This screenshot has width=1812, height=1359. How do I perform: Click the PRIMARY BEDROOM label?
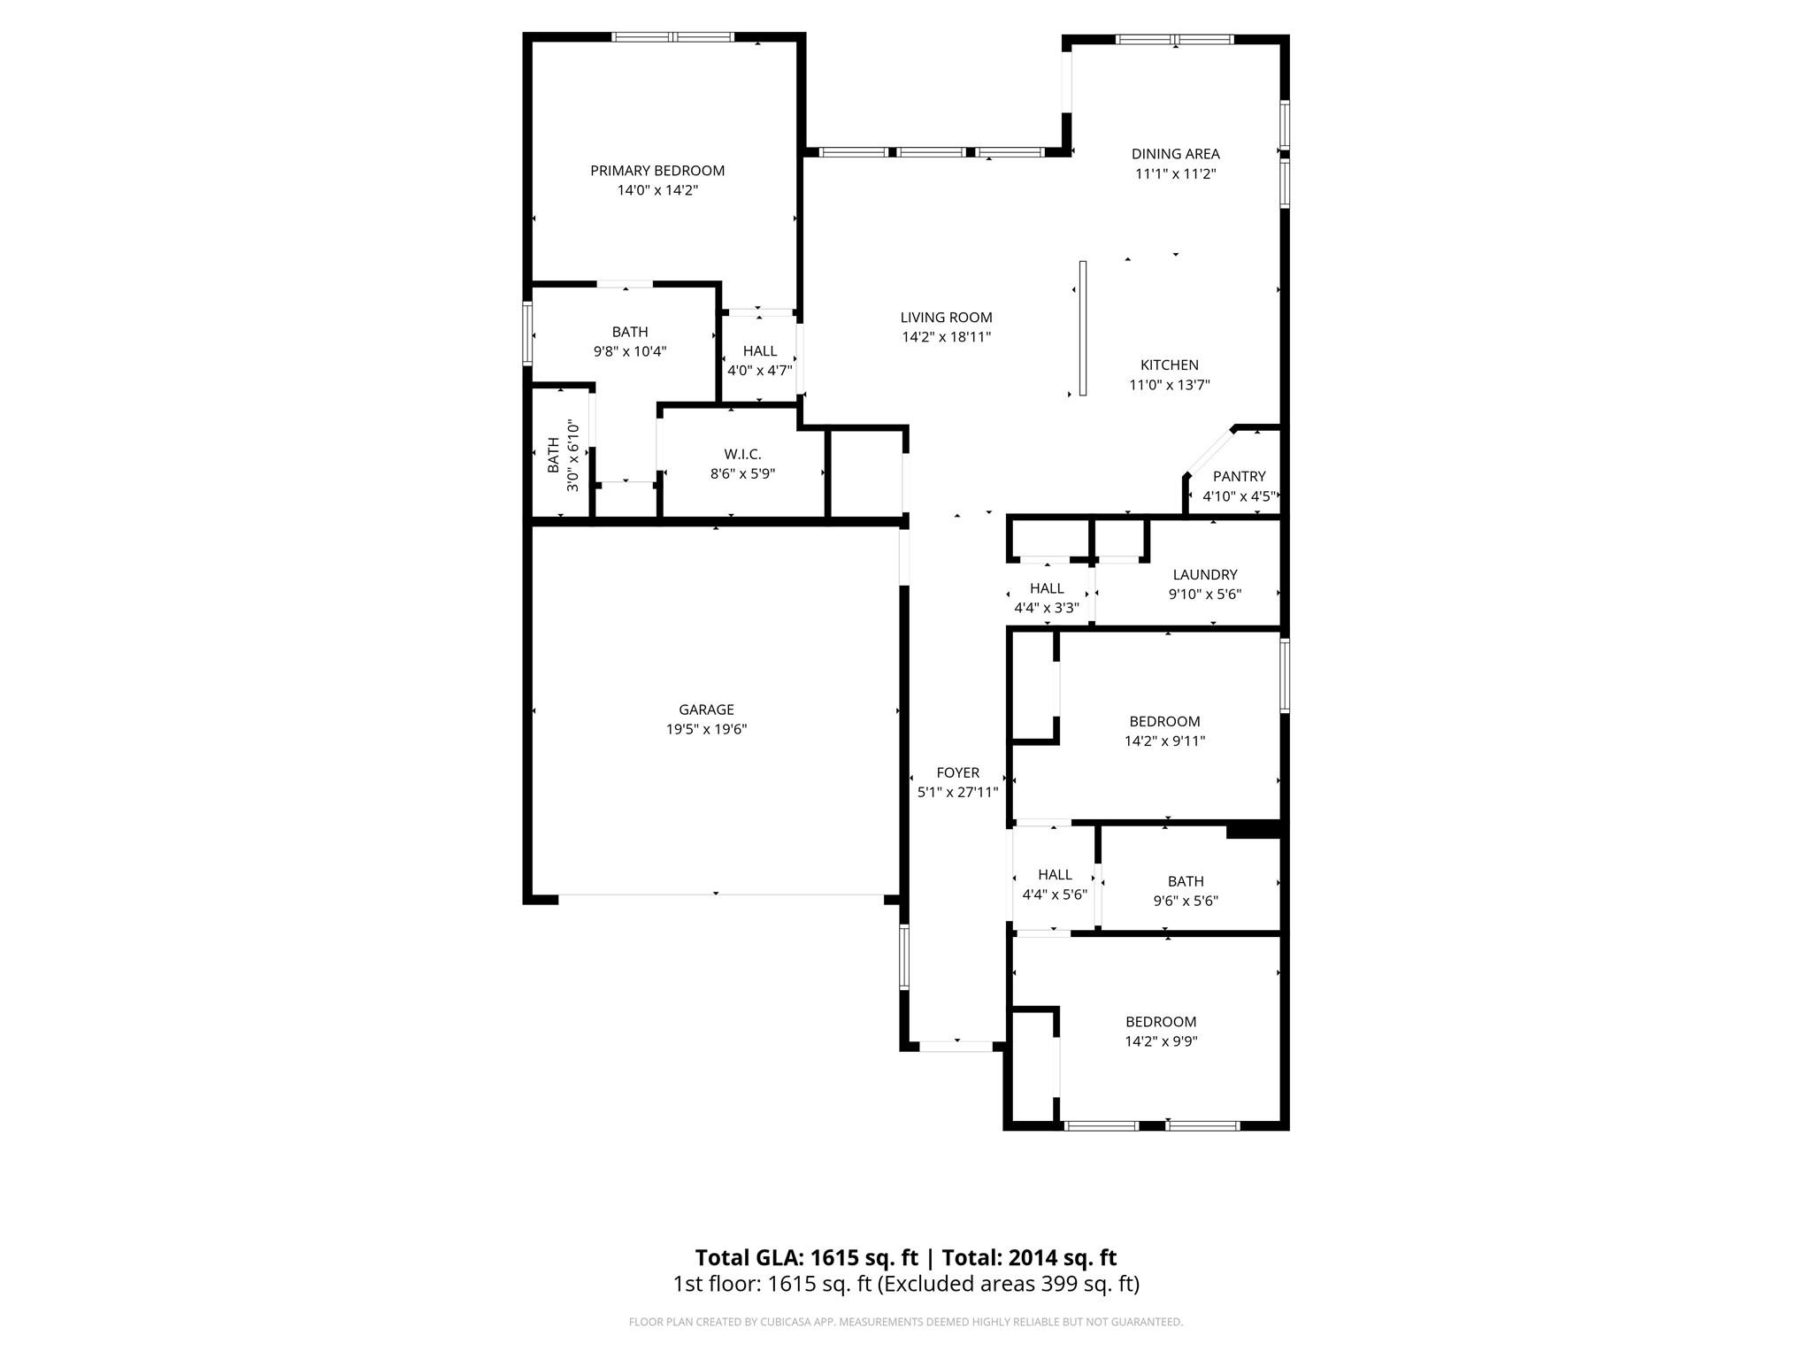[x=657, y=171]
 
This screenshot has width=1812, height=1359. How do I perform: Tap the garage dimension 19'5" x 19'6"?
[x=706, y=729]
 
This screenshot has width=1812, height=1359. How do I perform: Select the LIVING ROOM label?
[x=946, y=318]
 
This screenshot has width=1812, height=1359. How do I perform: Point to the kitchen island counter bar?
[x=1082, y=327]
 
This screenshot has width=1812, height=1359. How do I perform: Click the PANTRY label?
[x=1239, y=477]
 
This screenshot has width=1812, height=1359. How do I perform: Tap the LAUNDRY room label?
[x=1204, y=575]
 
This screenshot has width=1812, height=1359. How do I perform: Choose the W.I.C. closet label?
[x=742, y=455]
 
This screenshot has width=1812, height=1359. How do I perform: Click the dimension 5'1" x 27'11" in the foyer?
[x=957, y=793]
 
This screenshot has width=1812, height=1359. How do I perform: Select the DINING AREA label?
[x=1175, y=154]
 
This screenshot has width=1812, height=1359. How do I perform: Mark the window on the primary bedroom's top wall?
[x=672, y=37]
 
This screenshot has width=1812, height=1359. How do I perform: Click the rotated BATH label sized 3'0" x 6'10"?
[x=553, y=455]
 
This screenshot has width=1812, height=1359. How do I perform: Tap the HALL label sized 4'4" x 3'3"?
[x=1047, y=588]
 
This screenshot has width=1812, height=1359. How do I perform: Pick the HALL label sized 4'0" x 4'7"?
[x=759, y=351]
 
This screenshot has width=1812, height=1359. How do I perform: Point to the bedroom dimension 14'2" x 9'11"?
[x=1164, y=741]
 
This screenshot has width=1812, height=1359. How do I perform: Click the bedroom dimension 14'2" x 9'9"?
[x=1161, y=1041]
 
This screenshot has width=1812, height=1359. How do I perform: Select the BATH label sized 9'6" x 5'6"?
[x=1185, y=881]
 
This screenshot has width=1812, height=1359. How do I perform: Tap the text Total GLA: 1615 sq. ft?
[x=806, y=1257]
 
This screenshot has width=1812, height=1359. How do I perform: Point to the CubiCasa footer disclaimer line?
[x=905, y=1322]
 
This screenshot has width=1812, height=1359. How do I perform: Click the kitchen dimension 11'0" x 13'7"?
[x=1169, y=385]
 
